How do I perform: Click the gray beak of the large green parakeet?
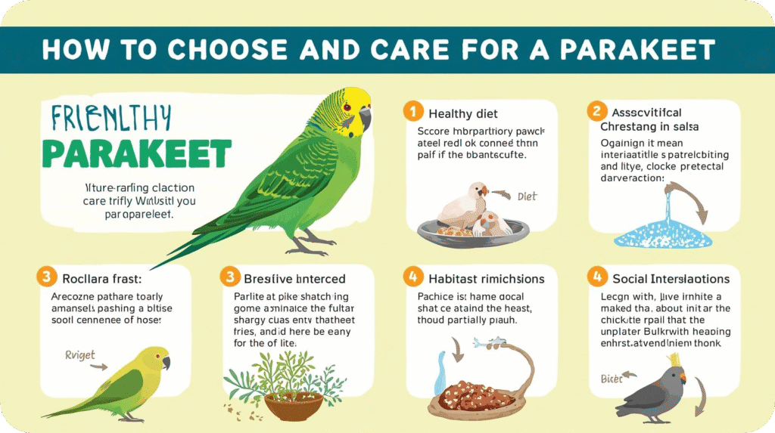(365, 118)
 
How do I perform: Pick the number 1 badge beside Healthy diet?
(412, 113)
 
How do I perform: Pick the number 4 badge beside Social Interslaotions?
(596, 277)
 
